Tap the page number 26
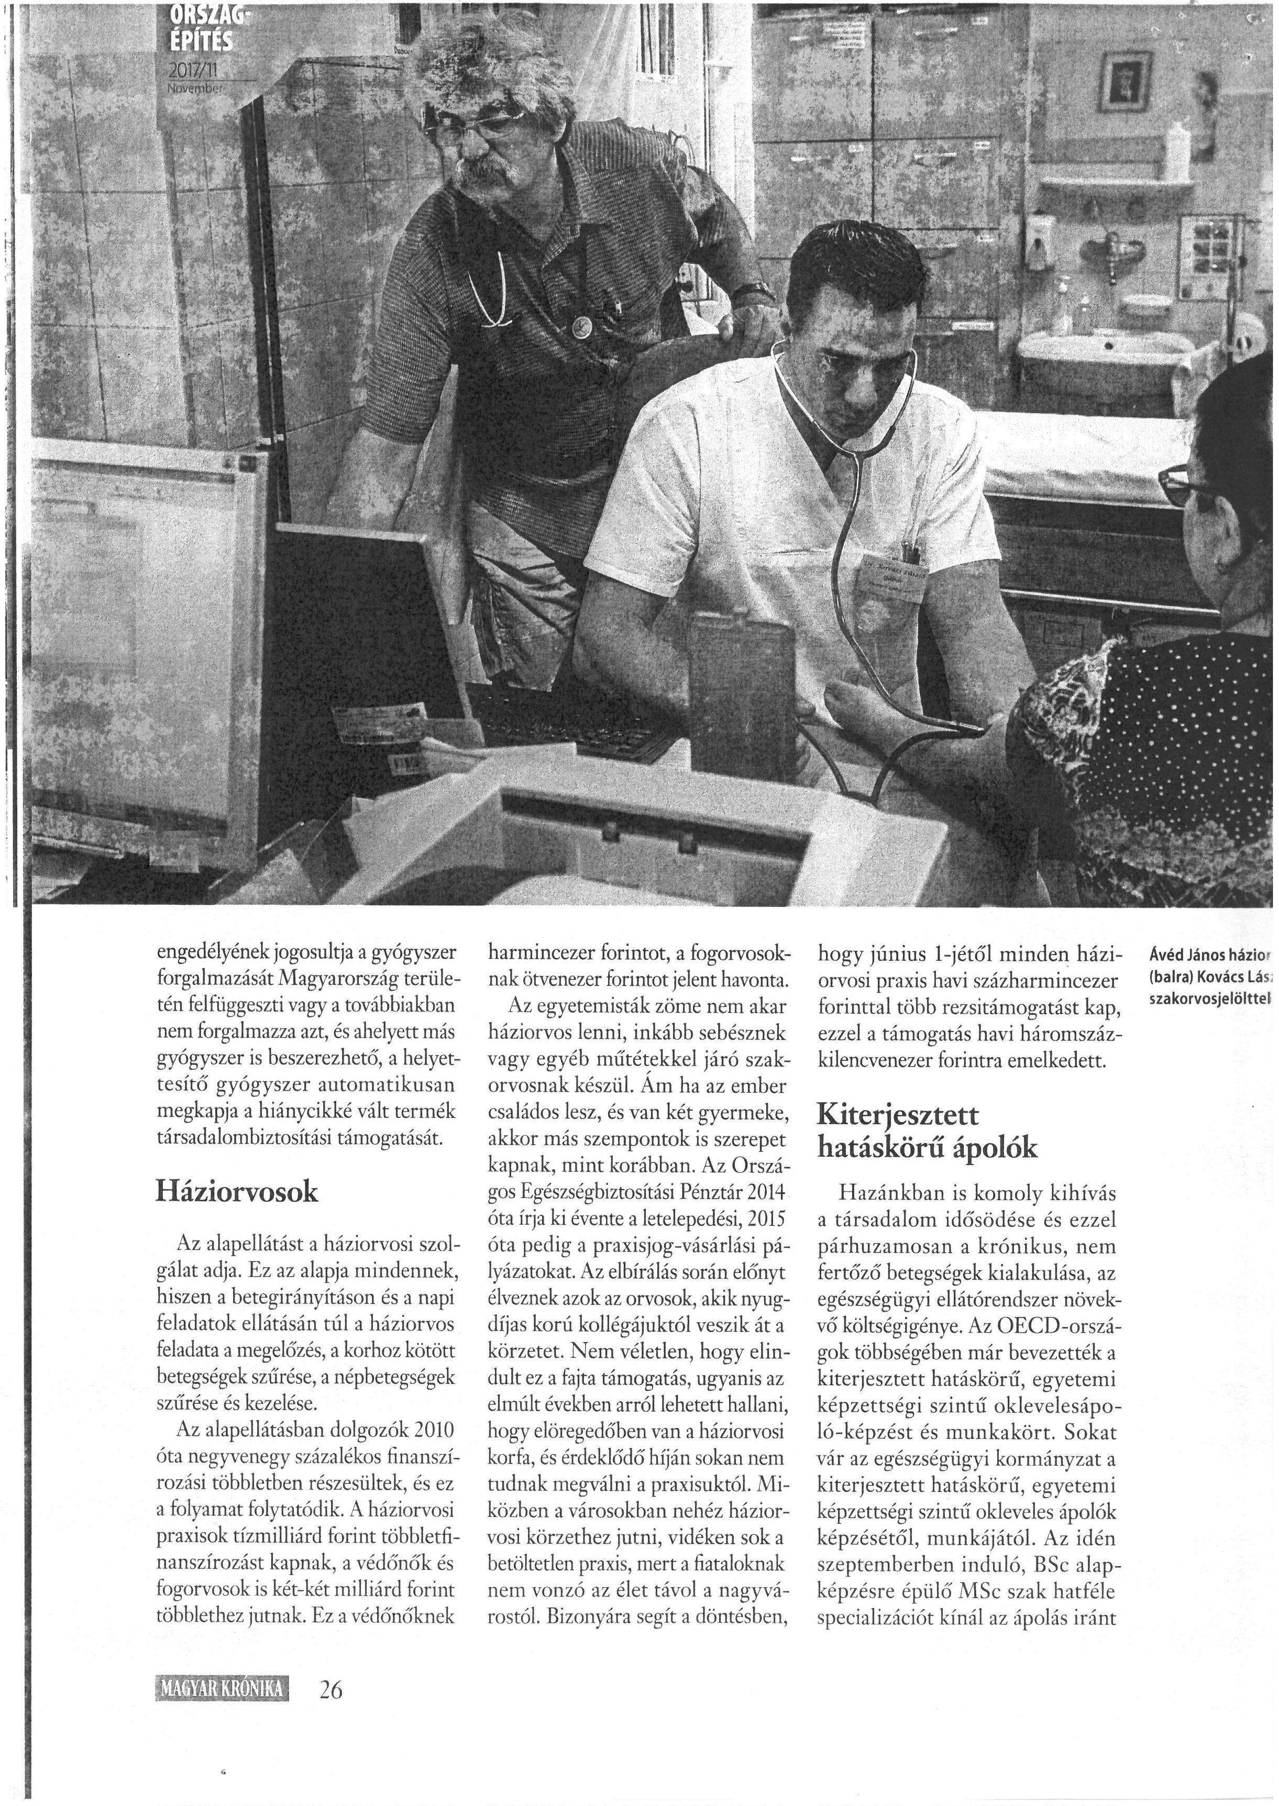click(331, 1689)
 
